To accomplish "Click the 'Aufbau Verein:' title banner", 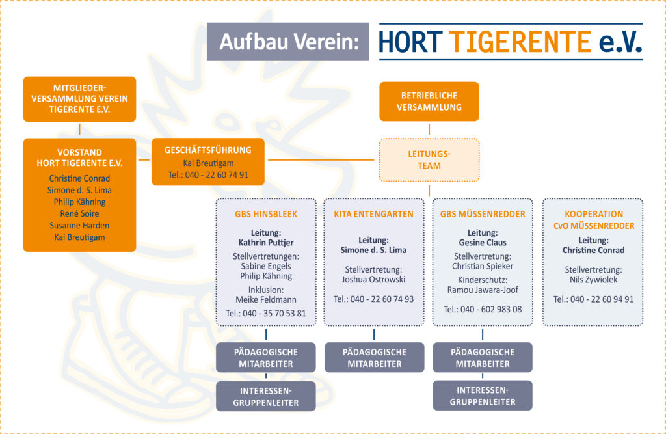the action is tap(287, 42).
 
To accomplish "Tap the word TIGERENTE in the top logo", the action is tap(520, 42).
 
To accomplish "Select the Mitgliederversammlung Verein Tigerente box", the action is tap(79, 99).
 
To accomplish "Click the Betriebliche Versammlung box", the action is tap(429, 102).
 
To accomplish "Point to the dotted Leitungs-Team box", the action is tap(429, 160).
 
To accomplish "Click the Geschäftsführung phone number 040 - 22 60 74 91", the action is tap(208, 174).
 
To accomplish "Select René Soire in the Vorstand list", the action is tap(79, 213).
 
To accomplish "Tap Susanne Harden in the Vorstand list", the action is tap(79, 225).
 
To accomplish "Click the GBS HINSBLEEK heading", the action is tap(266, 214).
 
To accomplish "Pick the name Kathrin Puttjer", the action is tap(266, 243).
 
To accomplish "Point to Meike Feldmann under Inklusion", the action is tap(266, 300).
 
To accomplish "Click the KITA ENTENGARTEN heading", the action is tap(373, 214).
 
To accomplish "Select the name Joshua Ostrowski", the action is tap(373, 279).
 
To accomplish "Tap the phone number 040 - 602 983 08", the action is tap(483, 310).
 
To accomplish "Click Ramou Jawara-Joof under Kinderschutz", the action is tap(483, 290).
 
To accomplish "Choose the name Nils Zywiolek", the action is tap(593, 280).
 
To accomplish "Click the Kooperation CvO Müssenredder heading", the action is tap(594, 220).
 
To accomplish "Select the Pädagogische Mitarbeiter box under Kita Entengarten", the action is tap(374, 357).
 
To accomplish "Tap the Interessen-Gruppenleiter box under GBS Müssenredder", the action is tap(483, 396).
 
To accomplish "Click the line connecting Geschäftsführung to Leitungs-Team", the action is tap(321, 160).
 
